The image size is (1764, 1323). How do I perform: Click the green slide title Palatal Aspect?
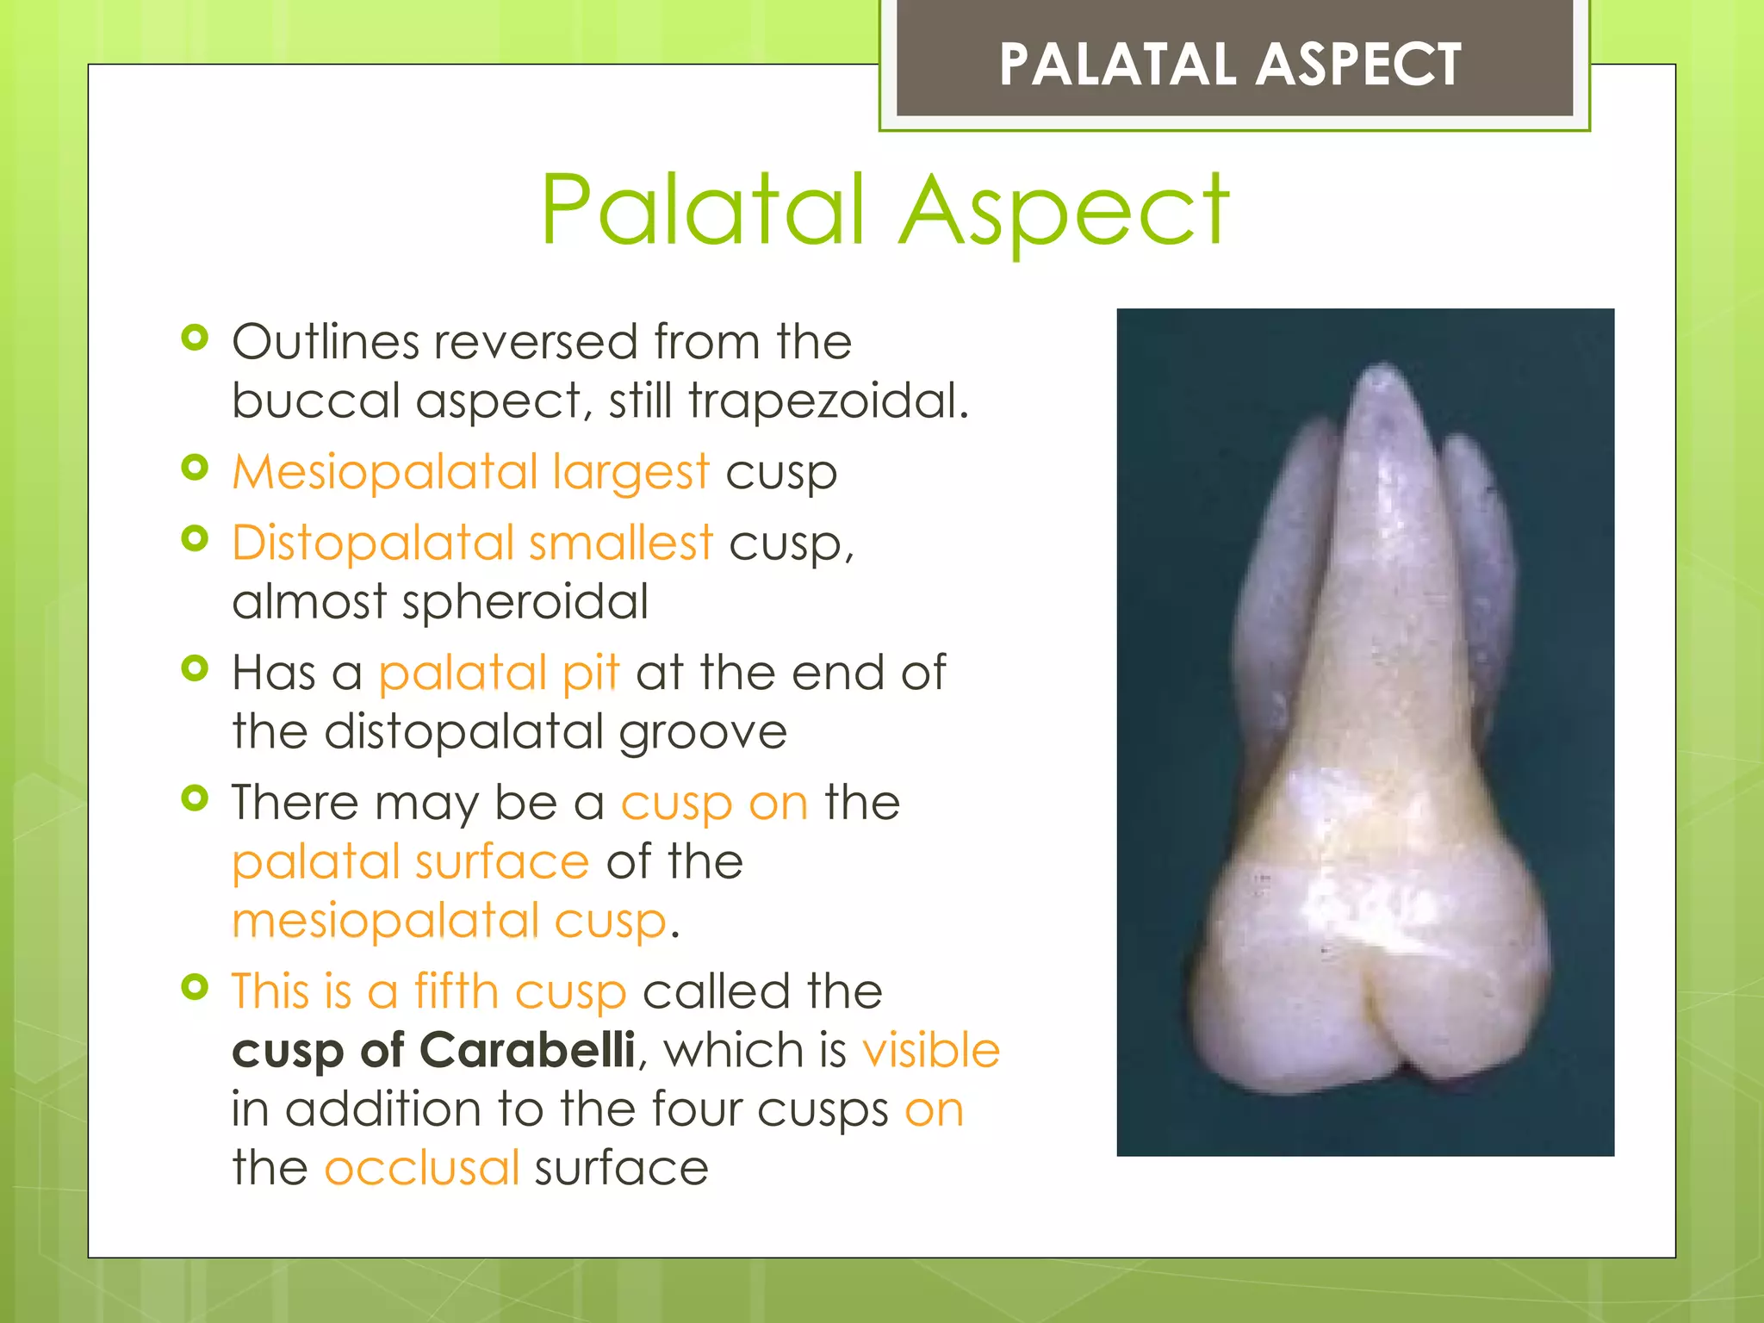point(885,210)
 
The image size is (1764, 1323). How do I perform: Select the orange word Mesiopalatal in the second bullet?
point(384,473)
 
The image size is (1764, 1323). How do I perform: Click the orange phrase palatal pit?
point(499,673)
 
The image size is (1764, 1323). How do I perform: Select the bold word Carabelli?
point(527,1050)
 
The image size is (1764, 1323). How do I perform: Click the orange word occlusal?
point(421,1168)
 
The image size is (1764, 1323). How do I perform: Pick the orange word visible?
point(931,1050)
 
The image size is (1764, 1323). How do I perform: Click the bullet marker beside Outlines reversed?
point(196,337)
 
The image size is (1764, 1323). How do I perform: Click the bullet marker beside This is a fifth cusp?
point(196,986)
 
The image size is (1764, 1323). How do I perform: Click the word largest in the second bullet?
point(630,473)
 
